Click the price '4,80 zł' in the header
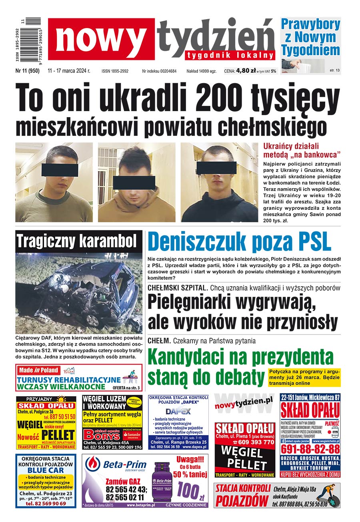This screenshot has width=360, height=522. (x=246, y=71)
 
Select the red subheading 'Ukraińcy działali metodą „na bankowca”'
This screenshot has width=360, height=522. (x=302, y=150)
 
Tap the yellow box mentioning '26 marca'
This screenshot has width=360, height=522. (x=304, y=377)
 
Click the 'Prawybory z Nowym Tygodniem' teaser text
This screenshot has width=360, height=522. (x=310, y=37)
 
